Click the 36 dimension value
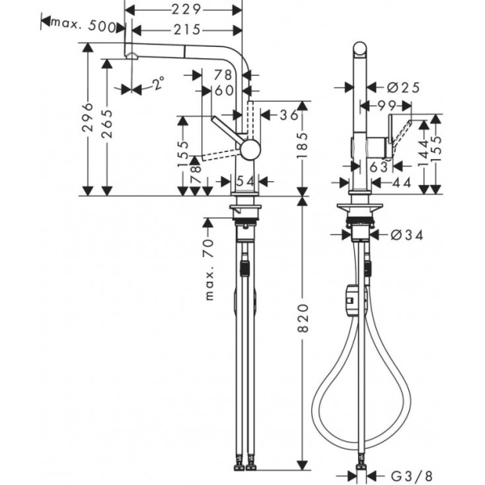(289, 115)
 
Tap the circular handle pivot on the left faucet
(251, 148)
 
